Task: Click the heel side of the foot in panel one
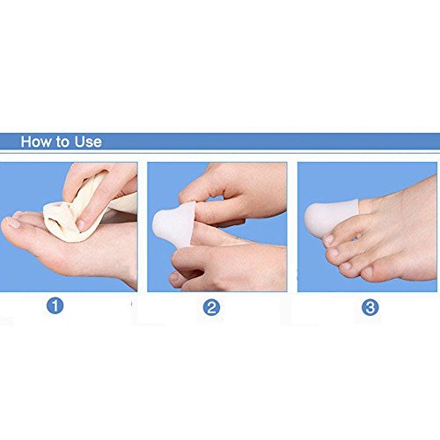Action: pyautogui.click(x=123, y=264)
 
